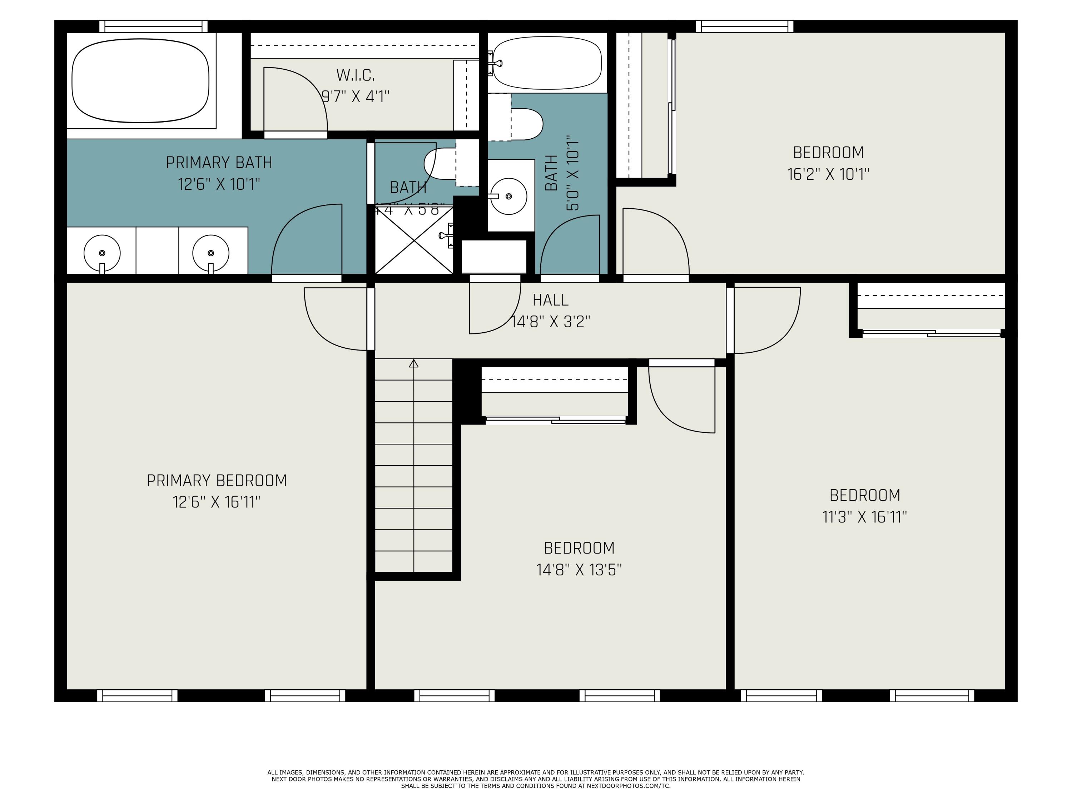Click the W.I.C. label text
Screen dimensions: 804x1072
coord(355,75)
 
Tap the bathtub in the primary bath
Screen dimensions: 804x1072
coord(140,80)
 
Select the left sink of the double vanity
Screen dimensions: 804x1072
coord(102,253)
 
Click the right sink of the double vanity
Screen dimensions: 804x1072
coord(211,253)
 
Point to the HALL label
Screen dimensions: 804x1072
coord(550,301)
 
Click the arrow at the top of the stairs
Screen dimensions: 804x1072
coord(413,363)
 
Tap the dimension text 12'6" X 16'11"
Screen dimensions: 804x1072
coord(217,502)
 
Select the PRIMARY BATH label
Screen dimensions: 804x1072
coord(219,162)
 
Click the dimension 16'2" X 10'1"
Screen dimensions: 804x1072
coord(828,174)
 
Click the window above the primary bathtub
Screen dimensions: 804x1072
coord(154,26)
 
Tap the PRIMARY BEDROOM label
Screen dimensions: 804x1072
coord(217,481)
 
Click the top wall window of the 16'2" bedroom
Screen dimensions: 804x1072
coord(744,26)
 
